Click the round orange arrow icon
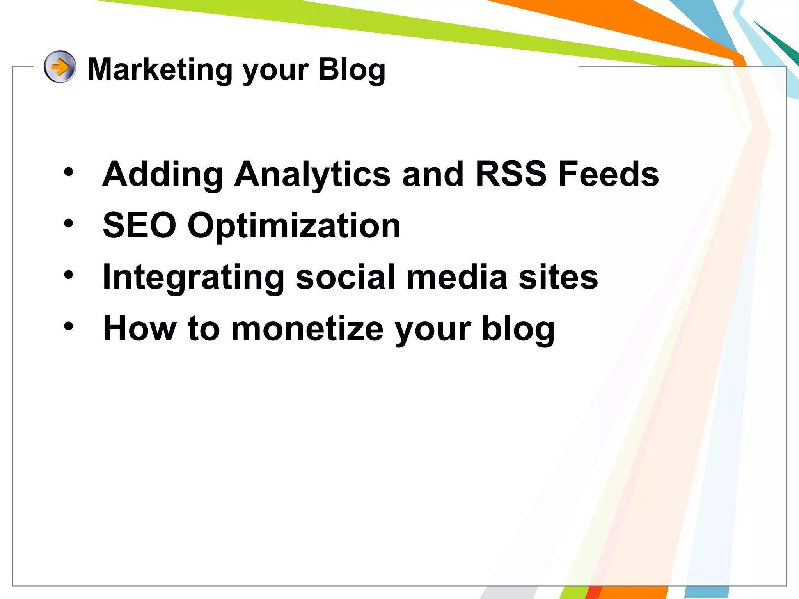60,67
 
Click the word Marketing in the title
160,69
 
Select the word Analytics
312,175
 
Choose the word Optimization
294,226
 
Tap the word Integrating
193,278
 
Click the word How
139,328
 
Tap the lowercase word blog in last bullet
518,329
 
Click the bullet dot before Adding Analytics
69,172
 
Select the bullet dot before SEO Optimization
69,223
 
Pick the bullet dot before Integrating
69,275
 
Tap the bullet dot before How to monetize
69,326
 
